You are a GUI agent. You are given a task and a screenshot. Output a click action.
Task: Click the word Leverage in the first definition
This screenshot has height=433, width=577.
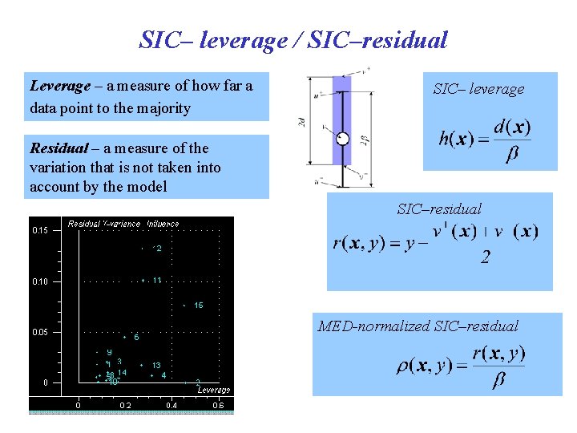[60, 85]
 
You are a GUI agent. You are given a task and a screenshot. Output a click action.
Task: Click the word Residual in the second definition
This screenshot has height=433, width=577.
[59, 148]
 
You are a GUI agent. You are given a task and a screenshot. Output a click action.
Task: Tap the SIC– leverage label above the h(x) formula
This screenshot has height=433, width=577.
[478, 89]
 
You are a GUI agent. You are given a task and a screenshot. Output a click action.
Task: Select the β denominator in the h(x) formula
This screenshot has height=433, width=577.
[510, 155]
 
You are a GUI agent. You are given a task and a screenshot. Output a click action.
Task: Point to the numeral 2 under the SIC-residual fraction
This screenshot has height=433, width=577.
[486, 257]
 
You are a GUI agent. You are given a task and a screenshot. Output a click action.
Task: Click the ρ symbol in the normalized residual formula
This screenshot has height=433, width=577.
[406, 366]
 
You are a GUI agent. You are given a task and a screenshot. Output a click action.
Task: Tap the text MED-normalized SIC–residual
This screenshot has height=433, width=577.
[418, 326]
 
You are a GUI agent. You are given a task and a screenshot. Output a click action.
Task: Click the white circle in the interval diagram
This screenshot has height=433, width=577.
[342, 138]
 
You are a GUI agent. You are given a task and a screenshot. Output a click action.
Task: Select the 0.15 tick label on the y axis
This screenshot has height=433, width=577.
[40, 231]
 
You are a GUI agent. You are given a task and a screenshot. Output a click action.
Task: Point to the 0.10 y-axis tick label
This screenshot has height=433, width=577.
[40, 281]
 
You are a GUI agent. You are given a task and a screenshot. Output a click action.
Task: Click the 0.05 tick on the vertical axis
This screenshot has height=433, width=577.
[40, 332]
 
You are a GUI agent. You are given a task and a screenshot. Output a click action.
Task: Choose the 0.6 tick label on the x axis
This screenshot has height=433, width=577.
[218, 405]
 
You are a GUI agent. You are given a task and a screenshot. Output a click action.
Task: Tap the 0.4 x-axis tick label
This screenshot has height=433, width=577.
[171, 405]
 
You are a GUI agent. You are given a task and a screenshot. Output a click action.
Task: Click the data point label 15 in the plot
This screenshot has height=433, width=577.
[198, 306]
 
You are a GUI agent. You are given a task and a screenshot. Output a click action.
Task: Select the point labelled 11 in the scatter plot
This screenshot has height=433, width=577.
[157, 281]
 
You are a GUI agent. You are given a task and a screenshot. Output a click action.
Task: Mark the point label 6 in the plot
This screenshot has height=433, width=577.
[136, 338]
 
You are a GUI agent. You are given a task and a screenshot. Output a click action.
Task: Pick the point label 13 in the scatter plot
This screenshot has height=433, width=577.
[156, 366]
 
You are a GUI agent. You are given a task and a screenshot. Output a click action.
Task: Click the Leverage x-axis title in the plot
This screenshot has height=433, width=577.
[214, 390]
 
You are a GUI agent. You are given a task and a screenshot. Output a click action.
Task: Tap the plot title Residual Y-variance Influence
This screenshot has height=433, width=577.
[123, 224]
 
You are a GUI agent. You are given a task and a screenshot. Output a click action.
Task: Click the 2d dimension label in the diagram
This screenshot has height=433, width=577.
[301, 123]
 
